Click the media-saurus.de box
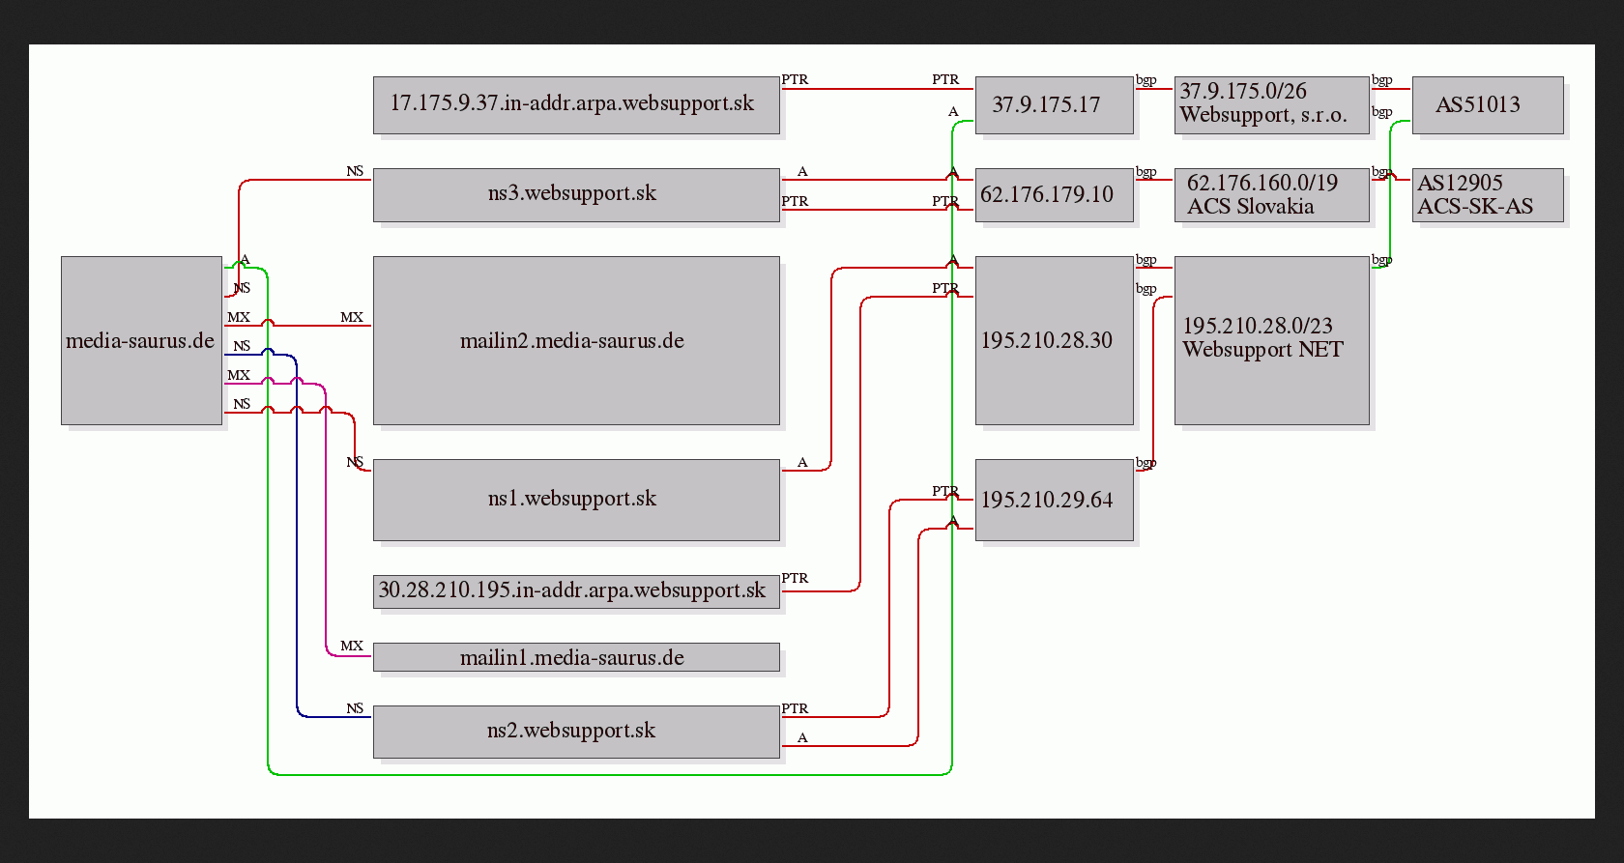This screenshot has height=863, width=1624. pyautogui.click(x=141, y=340)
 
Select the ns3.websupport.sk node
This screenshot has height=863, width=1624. pyautogui.click(x=576, y=195)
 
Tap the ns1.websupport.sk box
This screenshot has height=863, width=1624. pyautogui.click(x=576, y=500)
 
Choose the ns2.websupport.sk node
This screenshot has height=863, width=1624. pyautogui.click(x=576, y=732)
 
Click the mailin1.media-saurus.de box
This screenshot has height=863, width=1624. pyautogui.click(x=576, y=657)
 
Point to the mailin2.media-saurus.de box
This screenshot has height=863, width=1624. pyautogui.click(x=576, y=340)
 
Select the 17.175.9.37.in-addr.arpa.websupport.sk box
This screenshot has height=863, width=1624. pyautogui.click(x=576, y=105)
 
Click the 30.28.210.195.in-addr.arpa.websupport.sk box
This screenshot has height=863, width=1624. pyautogui.click(x=576, y=592)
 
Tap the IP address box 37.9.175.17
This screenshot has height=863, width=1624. pyautogui.click(x=1054, y=105)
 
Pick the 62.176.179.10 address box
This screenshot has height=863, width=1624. pyautogui.click(x=1054, y=195)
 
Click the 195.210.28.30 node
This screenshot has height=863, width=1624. pyautogui.click(x=1054, y=340)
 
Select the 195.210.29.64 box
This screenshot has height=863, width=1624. pyautogui.click(x=1054, y=500)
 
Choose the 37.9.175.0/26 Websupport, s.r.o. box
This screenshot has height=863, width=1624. pyautogui.click(x=1272, y=105)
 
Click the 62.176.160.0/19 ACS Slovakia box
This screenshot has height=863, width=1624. pyautogui.click(x=1272, y=195)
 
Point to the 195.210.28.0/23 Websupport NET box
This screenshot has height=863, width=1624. pyautogui.click(x=1272, y=340)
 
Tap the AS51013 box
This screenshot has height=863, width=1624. pyautogui.click(x=1488, y=105)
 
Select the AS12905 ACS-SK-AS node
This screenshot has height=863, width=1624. pyautogui.click(x=1488, y=195)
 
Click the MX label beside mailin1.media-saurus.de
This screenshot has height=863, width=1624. pyautogui.click(x=352, y=646)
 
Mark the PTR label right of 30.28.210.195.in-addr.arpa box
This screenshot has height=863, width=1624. pyautogui.click(x=795, y=578)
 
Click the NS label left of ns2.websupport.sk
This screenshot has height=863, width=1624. pyautogui.click(x=355, y=708)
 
